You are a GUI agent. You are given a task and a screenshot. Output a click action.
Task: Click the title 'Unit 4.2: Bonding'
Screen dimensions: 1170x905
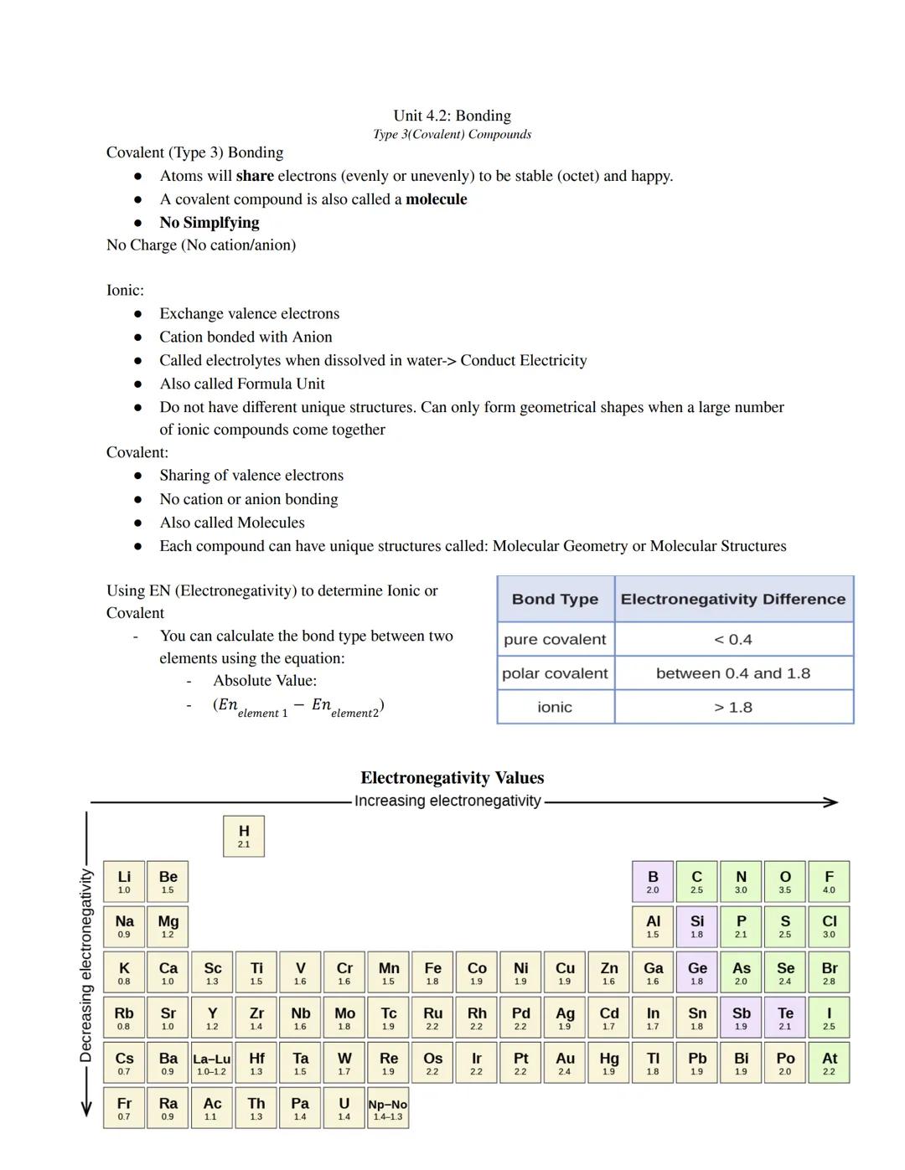(452, 116)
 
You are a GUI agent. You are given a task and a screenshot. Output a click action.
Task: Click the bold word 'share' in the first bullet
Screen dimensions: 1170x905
(255, 176)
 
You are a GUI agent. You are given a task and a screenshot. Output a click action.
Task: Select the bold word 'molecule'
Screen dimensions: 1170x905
(436, 199)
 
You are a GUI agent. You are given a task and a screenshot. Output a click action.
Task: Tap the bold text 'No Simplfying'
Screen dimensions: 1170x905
(209, 223)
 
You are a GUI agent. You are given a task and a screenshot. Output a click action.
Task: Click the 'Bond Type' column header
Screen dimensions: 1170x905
(555, 599)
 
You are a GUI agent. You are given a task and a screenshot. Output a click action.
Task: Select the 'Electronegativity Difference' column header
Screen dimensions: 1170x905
(733, 599)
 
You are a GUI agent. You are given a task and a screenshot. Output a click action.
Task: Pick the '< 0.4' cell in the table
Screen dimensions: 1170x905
(733, 640)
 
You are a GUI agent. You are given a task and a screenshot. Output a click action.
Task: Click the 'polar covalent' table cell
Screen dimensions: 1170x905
(555, 673)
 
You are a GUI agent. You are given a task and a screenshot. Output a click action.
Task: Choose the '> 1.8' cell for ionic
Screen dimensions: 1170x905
(733, 708)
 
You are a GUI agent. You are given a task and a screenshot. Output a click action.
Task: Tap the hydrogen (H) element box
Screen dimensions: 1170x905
(244, 836)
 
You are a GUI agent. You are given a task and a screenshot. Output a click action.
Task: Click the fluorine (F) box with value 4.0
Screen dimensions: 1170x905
(829, 882)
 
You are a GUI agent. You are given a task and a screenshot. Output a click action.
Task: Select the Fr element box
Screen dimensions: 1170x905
(124, 1108)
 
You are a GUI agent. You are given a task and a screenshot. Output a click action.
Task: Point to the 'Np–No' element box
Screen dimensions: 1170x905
(388, 1108)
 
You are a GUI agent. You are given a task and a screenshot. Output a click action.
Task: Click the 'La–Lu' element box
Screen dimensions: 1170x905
(212, 1063)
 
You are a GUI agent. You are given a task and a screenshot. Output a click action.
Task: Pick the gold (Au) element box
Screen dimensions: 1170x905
(565, 1063)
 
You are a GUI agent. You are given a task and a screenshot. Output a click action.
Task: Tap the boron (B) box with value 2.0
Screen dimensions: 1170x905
(653, 882)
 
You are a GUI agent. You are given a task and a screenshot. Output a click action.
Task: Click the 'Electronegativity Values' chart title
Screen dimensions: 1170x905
(452, 778)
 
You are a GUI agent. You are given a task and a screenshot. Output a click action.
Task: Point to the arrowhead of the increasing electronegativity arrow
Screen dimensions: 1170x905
(830, 802)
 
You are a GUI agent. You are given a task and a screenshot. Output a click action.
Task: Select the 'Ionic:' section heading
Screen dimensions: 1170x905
(125, 291)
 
